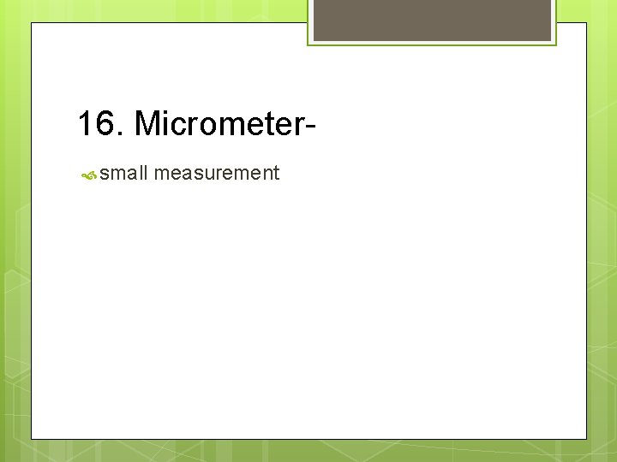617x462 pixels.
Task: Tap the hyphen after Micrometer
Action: [309, 127]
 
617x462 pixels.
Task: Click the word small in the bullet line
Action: [124, 174]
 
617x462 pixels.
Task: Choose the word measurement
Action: [218, 174]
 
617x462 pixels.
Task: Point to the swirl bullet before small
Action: [88, 175]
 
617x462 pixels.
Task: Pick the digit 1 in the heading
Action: [87, 124]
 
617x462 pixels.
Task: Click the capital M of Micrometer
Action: [149, 124]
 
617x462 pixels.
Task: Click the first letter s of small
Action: [105, 175]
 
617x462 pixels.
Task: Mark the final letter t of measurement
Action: [276, 174]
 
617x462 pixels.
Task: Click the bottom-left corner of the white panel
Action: [33, 438]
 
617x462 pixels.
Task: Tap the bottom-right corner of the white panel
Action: [586, 438]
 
